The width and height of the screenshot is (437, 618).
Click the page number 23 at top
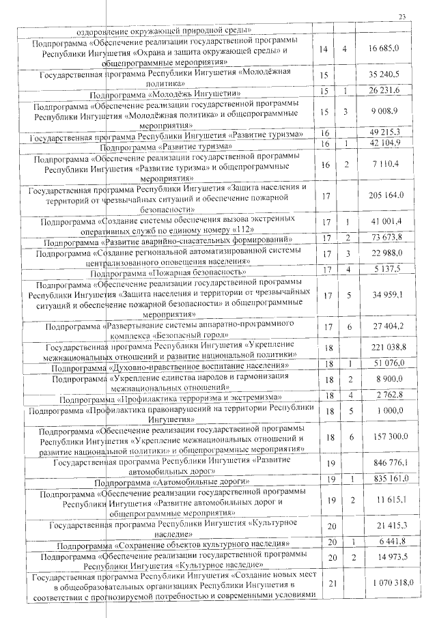(x=403, y=17)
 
